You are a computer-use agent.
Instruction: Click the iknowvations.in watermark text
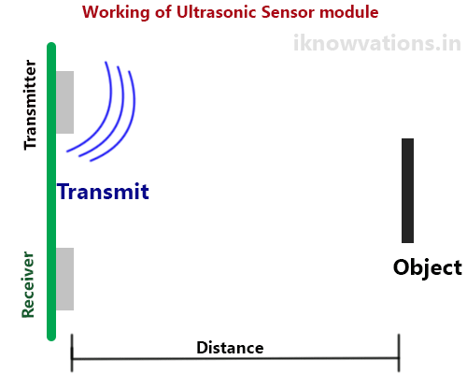376,43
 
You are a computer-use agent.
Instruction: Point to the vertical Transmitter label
30,105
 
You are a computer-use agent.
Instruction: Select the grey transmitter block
64,102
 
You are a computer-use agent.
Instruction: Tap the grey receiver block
64,279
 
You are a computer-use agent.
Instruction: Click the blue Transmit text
103,193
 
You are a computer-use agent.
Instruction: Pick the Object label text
427,267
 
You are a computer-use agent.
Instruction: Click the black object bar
407,191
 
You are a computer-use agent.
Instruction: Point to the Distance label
230,347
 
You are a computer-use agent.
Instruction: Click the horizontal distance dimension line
233,359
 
